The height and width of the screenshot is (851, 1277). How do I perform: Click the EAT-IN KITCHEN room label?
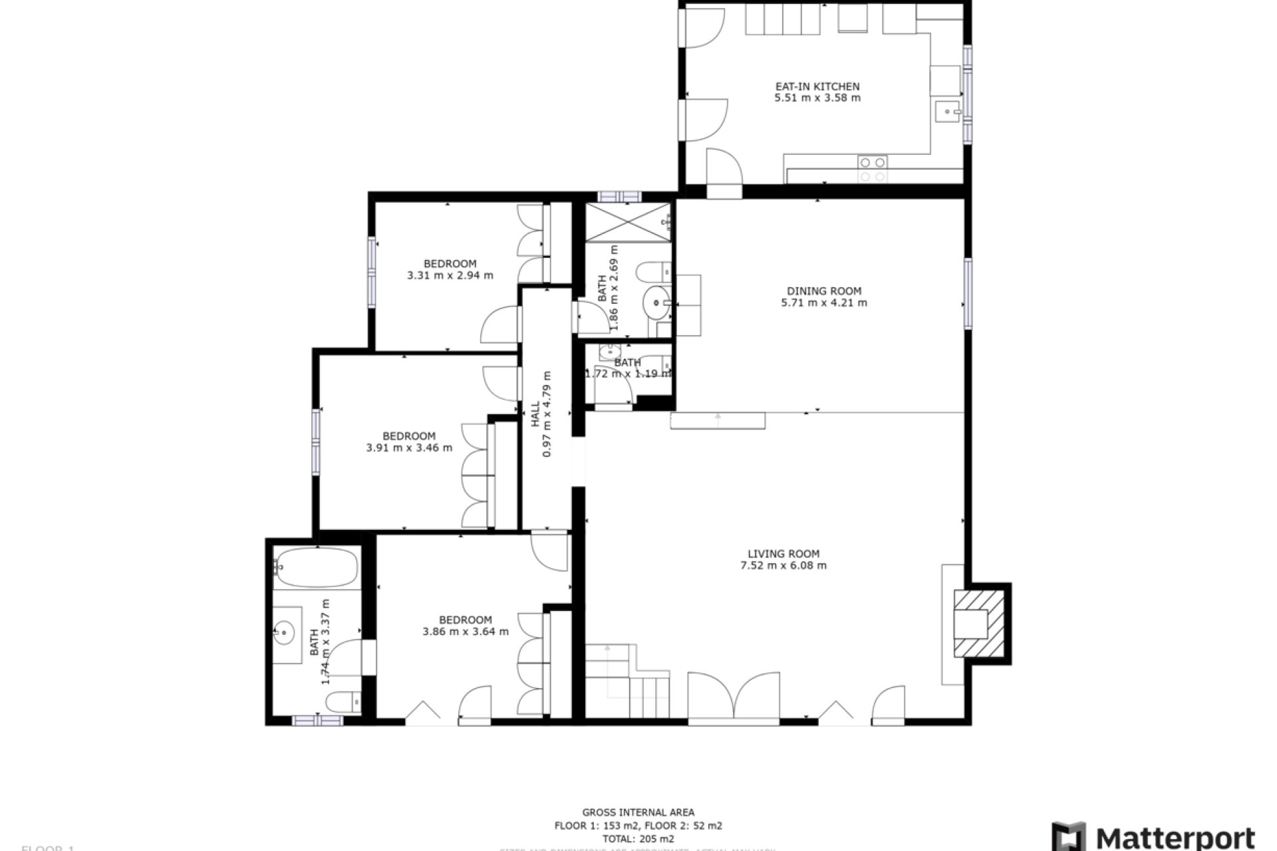point(817,86)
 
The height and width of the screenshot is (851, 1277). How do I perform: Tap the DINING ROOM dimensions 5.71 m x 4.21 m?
point(824,303)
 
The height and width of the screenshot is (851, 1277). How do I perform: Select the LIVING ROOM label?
point(783,554)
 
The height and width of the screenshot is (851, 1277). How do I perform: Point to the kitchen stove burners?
point(872,169)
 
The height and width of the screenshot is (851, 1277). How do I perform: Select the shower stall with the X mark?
point(628,222)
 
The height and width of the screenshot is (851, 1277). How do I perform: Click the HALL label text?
point(535,414)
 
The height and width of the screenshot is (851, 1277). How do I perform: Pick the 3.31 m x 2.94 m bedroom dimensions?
point(450,275)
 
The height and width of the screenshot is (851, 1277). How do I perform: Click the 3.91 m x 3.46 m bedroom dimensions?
point(409,448)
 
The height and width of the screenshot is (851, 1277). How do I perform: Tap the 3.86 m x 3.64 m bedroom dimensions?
point(466,632)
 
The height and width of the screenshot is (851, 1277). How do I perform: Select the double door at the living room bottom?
point(734,698)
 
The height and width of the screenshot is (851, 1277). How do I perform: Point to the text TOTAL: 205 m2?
point(638,839)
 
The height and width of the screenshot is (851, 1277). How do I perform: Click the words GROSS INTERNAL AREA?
point(638,812)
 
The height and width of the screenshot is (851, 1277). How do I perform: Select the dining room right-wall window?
point(968,293)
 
